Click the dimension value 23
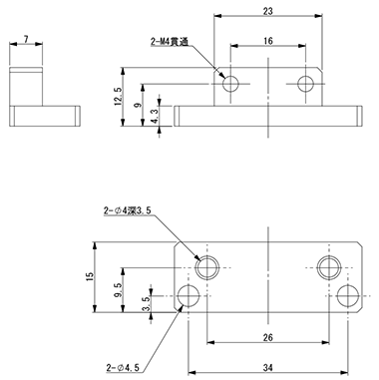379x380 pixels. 267,11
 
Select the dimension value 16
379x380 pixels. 268,41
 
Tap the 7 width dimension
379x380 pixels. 26,39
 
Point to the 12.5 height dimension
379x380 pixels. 118,96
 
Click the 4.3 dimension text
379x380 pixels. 156,116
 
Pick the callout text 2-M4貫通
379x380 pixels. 170,42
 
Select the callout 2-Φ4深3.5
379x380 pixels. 128,210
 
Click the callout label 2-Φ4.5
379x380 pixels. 123,368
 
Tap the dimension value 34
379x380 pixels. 268,367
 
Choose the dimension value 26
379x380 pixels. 268,338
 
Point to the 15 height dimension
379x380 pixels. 91,276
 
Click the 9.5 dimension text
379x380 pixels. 119,290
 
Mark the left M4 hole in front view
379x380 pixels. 230,84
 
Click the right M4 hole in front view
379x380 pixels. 305,84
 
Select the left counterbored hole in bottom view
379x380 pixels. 207,267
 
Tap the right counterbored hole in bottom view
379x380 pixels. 329,267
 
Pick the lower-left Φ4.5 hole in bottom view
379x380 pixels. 189,296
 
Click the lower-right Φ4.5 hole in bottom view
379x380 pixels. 348,296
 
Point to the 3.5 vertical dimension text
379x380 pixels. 147,304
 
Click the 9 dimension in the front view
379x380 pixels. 138,105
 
